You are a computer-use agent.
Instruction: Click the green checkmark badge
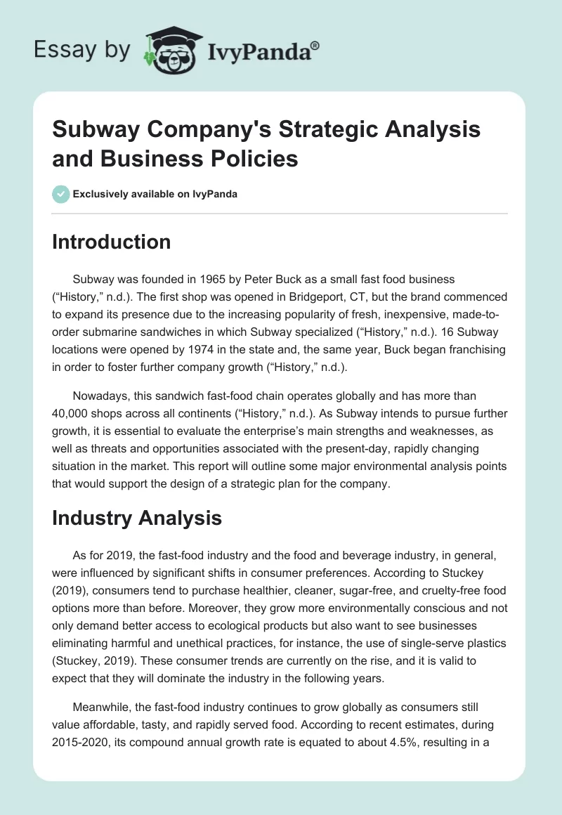[60, 194]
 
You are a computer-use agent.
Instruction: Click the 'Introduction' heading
[112, 242]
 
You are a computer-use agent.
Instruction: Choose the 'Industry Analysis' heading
[137, 519]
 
